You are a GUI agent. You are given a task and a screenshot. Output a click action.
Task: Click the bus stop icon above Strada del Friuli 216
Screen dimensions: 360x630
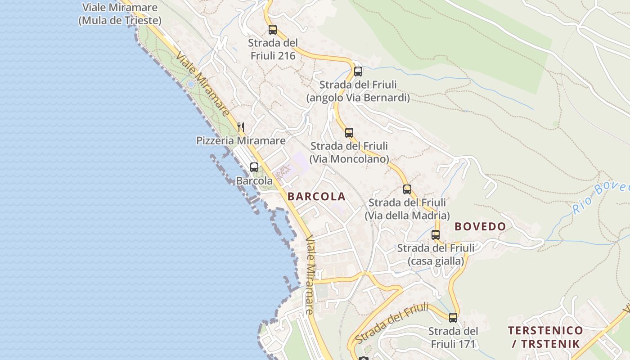273,30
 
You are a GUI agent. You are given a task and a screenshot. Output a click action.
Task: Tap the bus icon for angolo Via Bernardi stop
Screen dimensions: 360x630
358,71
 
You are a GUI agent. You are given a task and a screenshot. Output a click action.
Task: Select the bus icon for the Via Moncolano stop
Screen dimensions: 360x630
349,132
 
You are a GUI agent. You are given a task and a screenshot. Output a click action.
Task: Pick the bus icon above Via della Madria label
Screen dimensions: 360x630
407,189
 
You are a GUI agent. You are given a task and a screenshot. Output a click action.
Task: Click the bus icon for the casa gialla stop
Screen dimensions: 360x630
436,234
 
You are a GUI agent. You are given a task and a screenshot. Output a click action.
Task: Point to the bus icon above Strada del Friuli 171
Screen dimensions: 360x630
453,317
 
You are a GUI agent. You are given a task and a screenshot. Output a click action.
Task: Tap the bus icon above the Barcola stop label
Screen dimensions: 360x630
254,167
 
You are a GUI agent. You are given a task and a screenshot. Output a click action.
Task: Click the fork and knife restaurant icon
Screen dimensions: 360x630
241,127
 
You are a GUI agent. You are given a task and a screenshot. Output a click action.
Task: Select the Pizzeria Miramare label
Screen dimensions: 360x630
241,141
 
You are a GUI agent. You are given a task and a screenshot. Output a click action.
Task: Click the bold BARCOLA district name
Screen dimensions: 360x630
316,197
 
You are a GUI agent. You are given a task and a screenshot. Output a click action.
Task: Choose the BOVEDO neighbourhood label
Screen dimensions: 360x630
480,226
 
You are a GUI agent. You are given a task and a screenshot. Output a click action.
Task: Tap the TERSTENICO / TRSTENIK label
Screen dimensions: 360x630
545,337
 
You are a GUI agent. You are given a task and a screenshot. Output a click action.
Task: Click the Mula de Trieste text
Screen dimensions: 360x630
120,21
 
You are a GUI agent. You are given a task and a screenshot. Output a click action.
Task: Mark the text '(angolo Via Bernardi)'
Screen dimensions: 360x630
358,98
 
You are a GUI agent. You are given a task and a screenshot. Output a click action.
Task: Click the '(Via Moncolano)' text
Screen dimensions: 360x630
349,159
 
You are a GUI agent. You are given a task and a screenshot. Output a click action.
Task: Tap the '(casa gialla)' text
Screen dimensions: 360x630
436,261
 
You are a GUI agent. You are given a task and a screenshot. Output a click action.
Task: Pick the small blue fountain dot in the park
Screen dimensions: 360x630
191,84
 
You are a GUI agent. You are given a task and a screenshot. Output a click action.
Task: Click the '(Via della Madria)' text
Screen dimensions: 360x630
407,216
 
